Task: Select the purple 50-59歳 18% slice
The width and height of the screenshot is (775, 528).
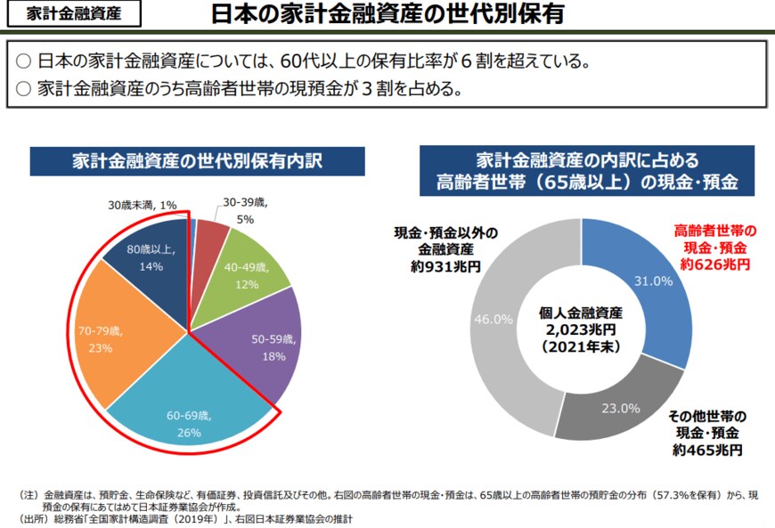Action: tap(262, 347)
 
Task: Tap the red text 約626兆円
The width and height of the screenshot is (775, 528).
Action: tap(714, 264)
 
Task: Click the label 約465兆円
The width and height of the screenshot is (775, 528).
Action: tap(708, 450)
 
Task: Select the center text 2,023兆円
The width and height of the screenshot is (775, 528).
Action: tap(581, 329)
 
